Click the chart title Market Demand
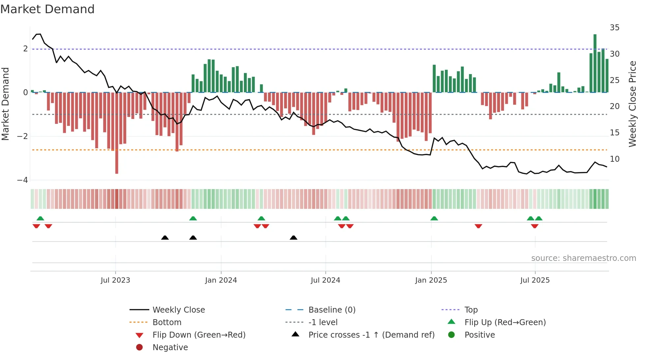click(x=47, y=9)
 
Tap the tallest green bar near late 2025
click(x=595, y=63)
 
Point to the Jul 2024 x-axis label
click(x=325, y=280)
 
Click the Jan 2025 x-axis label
click(x=431, y=280)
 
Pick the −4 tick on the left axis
click(x=23, y=180)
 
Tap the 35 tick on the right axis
click(x=614, y=28)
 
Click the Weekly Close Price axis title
click(x=632, y=104)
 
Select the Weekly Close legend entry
click(x=178, y=310)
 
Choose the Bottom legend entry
click(x=167, y=322)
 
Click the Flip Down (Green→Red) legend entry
click(x=199, y=335)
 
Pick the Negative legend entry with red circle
click(x=170, y=348)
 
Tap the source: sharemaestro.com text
click(x=583, y=258)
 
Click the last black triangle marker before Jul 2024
click(x=293, y=237)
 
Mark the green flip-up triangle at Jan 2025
click(x=434, y=218)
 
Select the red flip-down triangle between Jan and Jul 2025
click(x=478, y=226)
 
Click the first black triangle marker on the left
click(x=165, y=237)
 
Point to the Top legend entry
click(x=471, y=310)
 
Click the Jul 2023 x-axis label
click(x=115, y=280)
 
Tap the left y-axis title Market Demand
click(x=6, y=104)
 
